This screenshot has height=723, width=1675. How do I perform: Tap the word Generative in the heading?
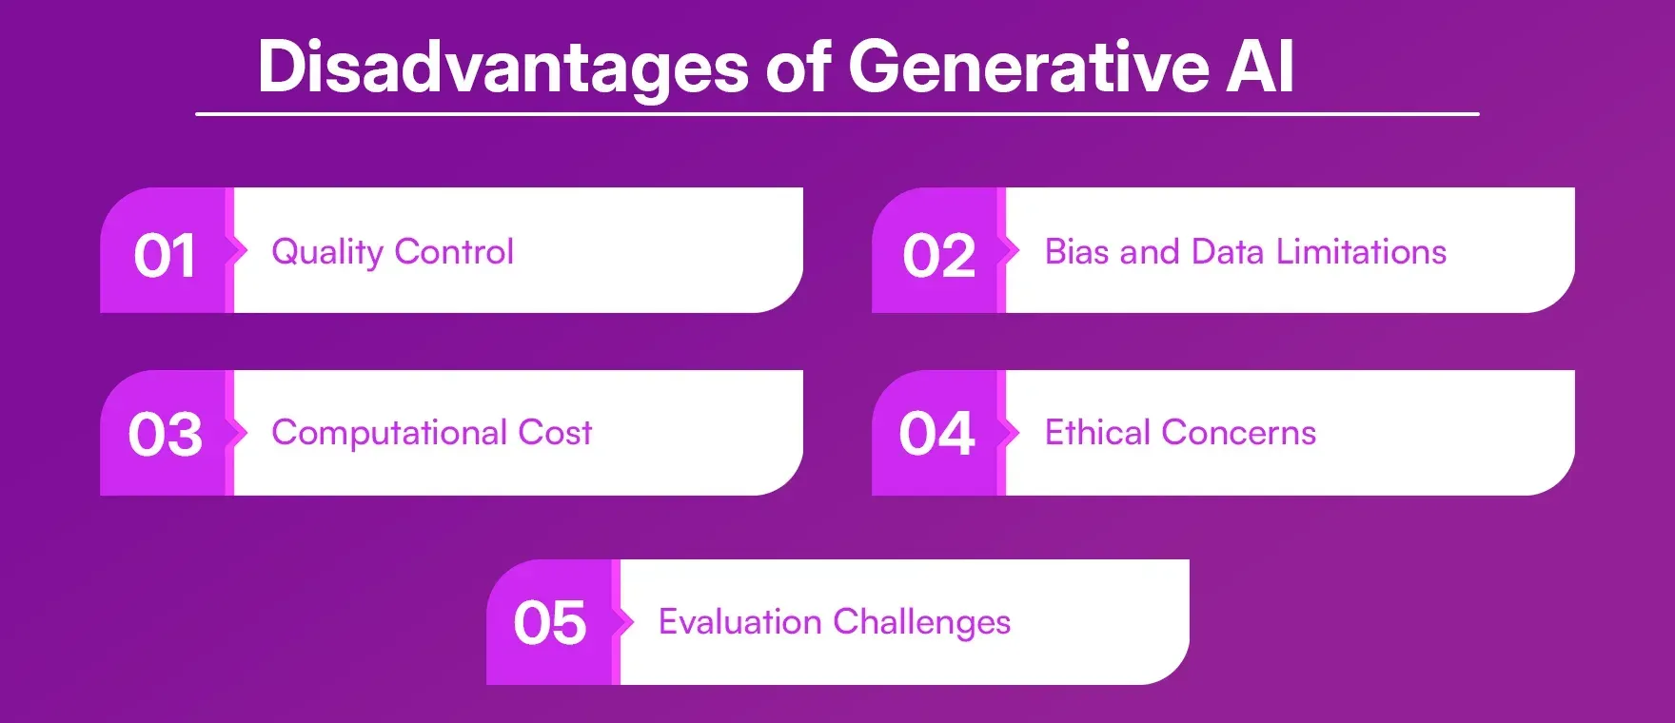(1029, 68)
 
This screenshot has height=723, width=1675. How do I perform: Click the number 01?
(165, 256)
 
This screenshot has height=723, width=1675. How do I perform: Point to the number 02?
(938, 256)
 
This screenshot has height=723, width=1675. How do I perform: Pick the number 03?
(165, 435)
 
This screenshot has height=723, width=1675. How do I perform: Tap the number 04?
(936, 435)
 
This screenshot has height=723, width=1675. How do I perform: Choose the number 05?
(549, 624)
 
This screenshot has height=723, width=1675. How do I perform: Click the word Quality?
(326, 252)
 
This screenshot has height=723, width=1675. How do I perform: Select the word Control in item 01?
(454, 251)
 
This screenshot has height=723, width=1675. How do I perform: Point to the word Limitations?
(1361, 251)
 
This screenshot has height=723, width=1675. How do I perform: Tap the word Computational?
(389, 433)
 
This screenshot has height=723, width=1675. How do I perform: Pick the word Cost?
(555, 433)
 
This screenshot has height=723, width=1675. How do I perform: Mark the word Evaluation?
(739, 622)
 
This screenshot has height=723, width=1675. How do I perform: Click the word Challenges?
(921, 623)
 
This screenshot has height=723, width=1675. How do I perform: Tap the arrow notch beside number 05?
(626, 622)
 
